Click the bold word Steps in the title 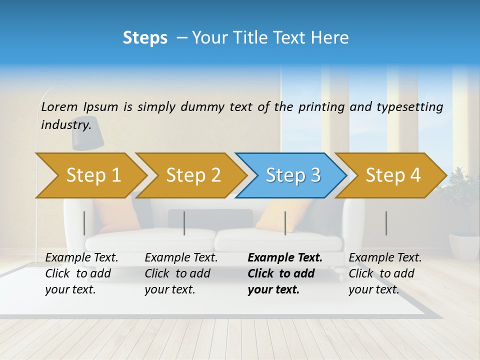coord(145,37)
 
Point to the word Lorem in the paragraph coord(59,106)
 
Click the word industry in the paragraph coord(66,124)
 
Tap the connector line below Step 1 coord(84,223)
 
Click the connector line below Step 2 coord(184,223)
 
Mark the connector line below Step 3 coord(285,223)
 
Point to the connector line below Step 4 coord(386,223)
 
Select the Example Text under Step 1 coord(82,257)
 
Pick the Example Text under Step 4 coord(385,257)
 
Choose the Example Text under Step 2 coord(181,257)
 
